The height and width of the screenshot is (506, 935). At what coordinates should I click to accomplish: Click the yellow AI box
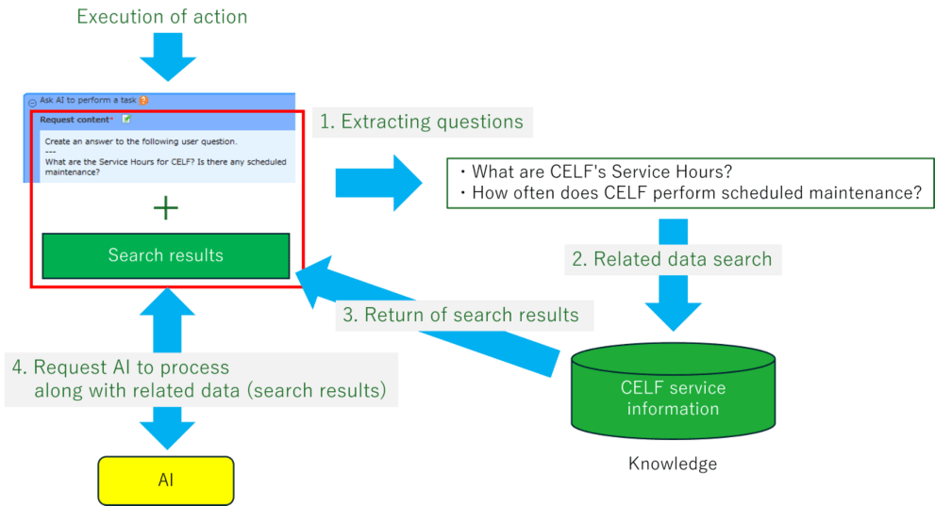click(x=165, y=480)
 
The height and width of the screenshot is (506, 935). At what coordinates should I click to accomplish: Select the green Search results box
click(x=165, y=255)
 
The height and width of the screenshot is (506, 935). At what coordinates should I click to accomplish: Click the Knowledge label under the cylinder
click(x=672, y=464)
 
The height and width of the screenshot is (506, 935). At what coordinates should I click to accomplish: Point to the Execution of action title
click(x=161, y=16)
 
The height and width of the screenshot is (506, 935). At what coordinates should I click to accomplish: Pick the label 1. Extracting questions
click(x=423, y=122)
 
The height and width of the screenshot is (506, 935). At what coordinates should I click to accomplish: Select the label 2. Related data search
click(x=672, y=259)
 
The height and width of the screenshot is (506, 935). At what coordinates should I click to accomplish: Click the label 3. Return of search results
click(x=460, y=315)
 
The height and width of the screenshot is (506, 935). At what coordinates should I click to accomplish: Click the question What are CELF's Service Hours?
click(x=602, y=171)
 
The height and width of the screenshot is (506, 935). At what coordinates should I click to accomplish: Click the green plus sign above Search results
click(x=165, y=208)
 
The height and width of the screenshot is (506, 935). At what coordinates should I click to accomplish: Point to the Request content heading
click(x=76, y=120)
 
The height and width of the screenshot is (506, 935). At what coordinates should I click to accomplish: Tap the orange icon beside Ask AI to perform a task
click(x=143, y=100)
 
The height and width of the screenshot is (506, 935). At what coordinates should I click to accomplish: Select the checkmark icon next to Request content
click(x=126, y=120)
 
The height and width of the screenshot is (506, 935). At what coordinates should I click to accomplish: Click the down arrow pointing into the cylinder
click(x=672, y=306)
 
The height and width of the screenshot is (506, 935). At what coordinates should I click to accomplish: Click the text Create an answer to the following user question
click(x=141, y=141)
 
